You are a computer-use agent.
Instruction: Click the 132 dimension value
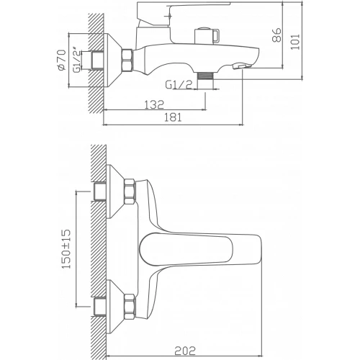coord(152,104)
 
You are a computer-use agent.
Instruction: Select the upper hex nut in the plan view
coord(129,191)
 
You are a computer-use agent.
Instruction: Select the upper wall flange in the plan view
coord(112,192)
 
